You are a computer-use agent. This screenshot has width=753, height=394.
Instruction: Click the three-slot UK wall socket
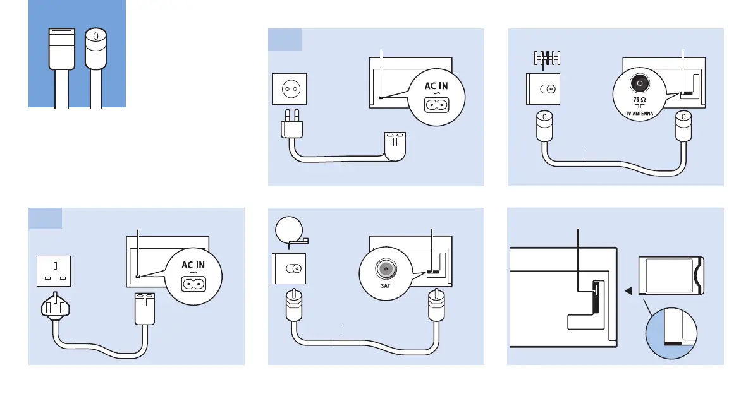[53, 268]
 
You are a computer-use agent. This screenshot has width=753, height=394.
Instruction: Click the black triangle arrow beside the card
[628, 291]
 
